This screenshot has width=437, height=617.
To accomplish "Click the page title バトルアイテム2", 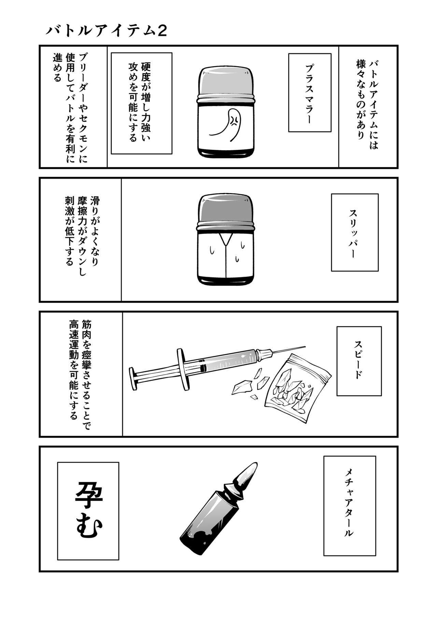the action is coord(106,31).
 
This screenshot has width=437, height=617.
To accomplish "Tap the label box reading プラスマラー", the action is coord(310,92).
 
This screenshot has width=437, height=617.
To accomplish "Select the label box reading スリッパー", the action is coord(355,232).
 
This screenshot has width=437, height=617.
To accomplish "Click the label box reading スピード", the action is coord(359,361).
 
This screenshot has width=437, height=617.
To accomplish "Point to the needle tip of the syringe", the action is coord(305,347).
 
